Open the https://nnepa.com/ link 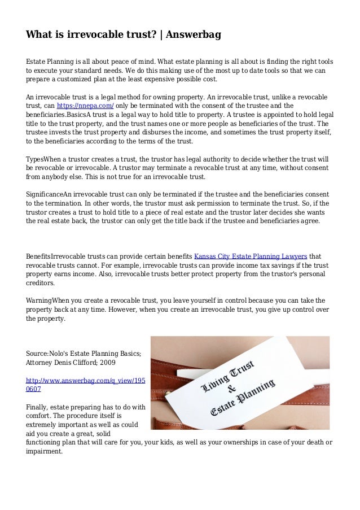pos(86,105)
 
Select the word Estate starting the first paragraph pos(37,60)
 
